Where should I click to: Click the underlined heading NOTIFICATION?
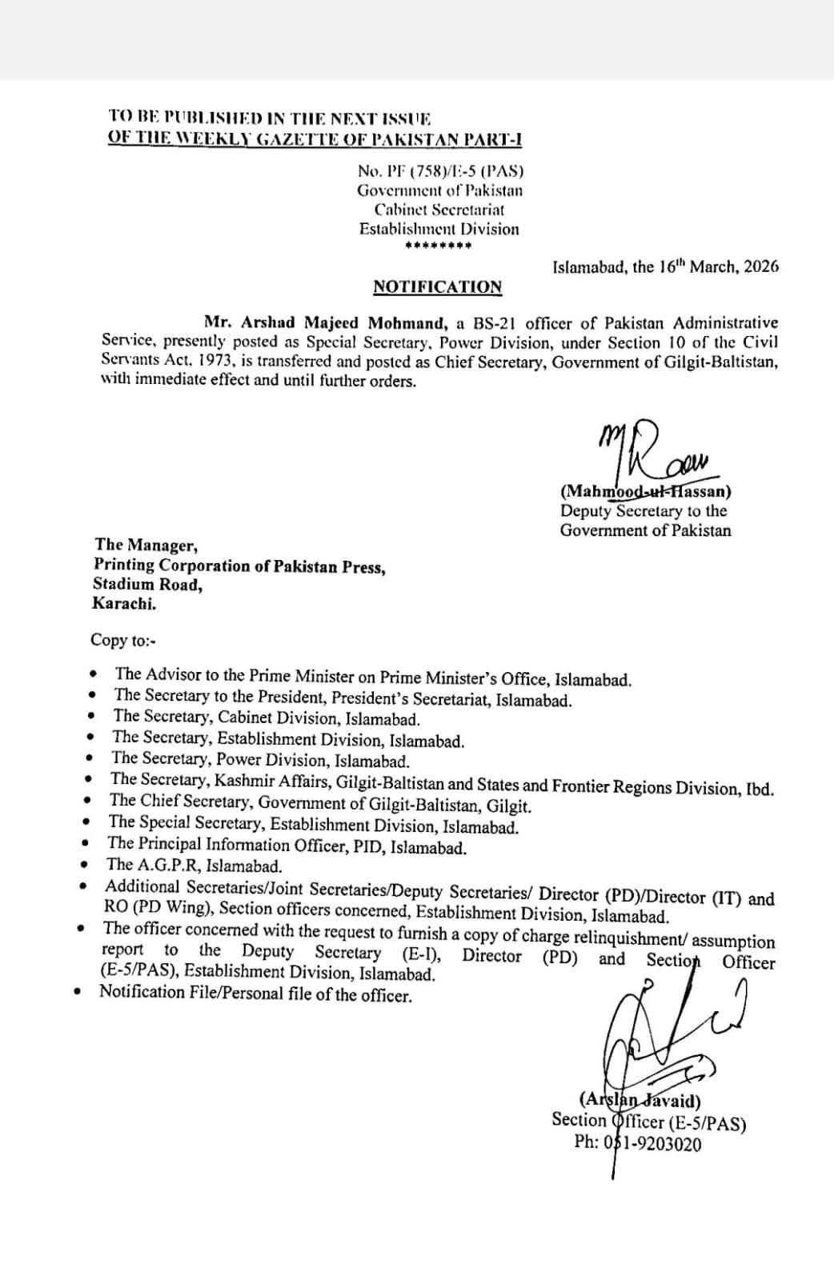pos(437,286)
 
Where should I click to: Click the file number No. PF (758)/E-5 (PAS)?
pos(440,171)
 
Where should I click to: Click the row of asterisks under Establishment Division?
pos(438,246)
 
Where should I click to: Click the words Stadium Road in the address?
pos(147,585)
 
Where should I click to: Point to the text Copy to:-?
pos(119,640)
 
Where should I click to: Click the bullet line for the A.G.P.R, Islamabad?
pos(194,865)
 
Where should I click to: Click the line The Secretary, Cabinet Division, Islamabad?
pos(267,718)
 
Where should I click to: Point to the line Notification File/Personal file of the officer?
pos(255,994)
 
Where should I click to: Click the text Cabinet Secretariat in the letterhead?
pos(439,210)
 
